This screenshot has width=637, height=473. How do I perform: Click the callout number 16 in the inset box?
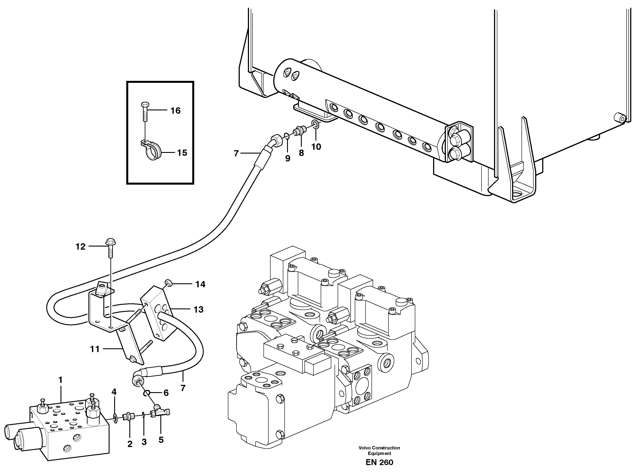pyautogui.click(x=176, y=111)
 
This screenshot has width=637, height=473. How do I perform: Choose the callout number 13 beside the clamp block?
pyautogui.click(x=198, y=309)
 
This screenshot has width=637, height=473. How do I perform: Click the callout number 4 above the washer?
pyautogui.click(x=114, y=392)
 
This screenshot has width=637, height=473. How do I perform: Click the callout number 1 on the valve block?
pyautogui.click(x=60, y=380)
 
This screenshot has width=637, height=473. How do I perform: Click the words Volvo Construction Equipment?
pyautogui.click(x=379, y=450)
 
